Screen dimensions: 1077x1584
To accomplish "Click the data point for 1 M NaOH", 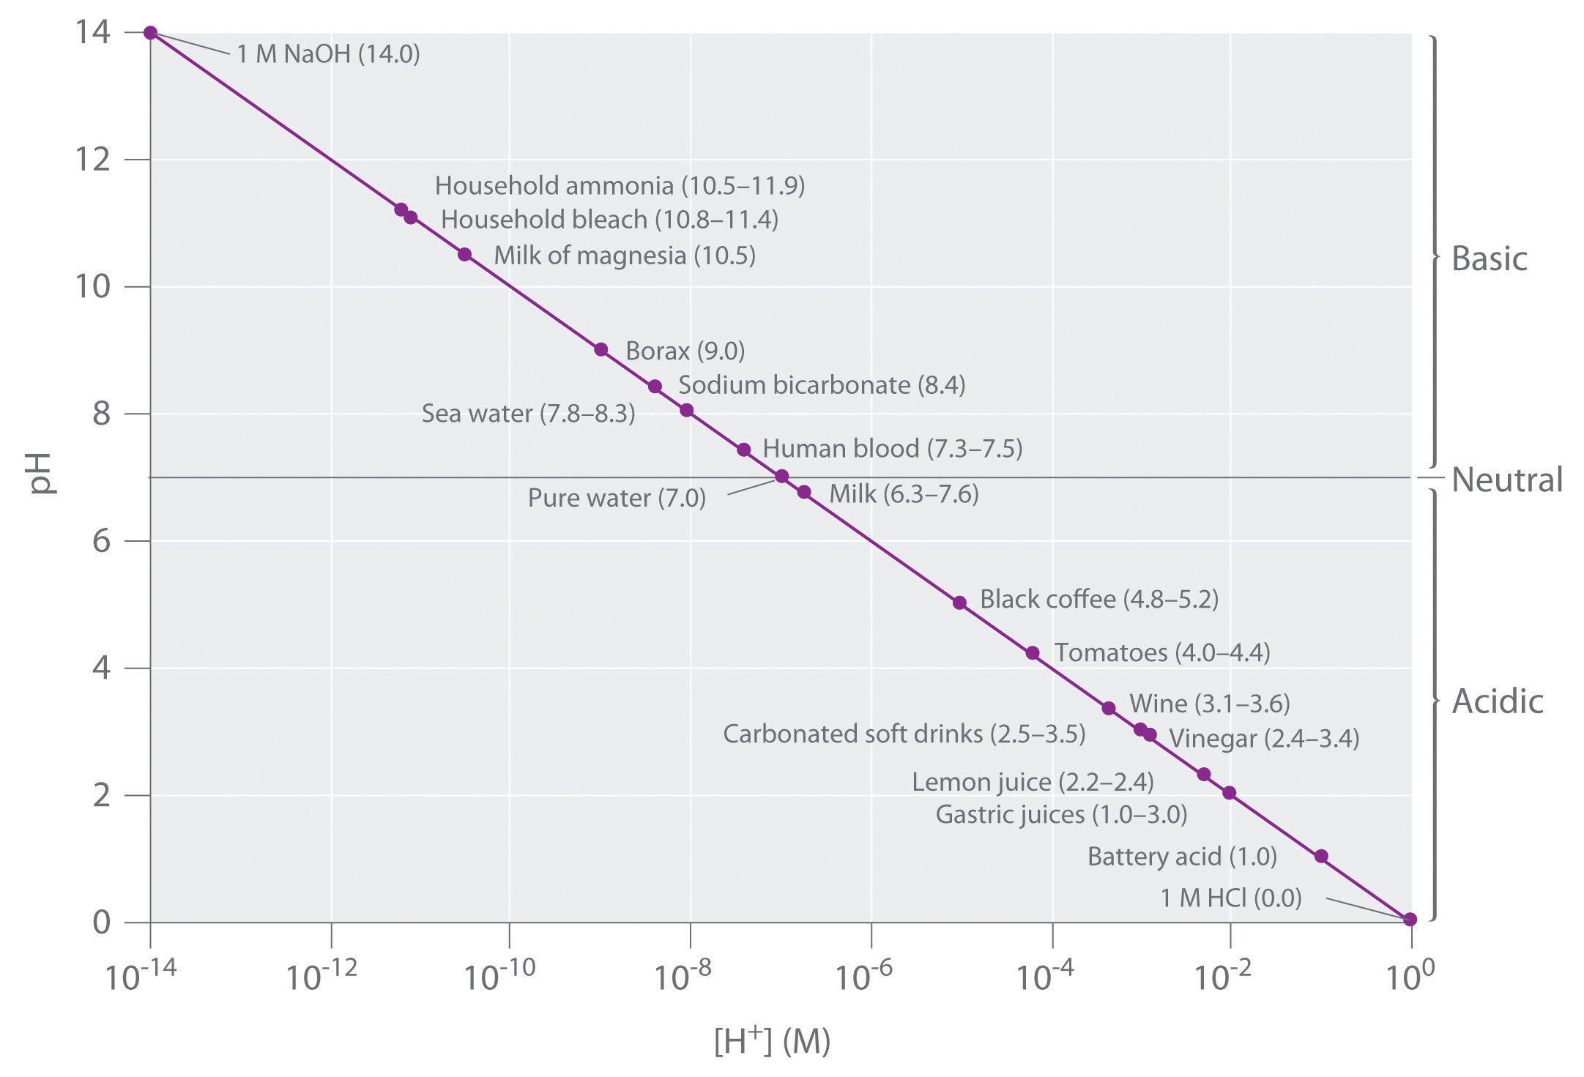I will coord(150,32).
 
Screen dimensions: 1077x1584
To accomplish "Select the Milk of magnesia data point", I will coord(464,254).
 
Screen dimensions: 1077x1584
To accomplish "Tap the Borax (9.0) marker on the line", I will coord(600,349).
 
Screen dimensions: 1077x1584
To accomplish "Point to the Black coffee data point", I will coord(959,603).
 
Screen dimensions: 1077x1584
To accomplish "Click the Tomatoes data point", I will coord(1033,653).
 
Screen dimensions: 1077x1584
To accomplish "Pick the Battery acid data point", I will coord(1321,856).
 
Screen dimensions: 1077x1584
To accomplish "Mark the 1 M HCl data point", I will coord(1410,920).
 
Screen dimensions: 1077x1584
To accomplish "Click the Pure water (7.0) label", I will coord(617,499).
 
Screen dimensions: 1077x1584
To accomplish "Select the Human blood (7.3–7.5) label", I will coord(892,448).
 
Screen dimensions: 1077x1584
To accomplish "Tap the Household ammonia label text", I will coord(620,186).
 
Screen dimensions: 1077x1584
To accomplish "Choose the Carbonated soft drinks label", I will coord(904,734).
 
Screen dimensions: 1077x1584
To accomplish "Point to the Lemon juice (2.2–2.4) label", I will coord(1033,782).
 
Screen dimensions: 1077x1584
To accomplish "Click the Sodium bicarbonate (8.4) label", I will coord(822,385).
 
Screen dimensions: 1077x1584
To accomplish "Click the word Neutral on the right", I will coord(1507,480).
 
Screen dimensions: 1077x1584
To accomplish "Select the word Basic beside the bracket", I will coord(1489,259).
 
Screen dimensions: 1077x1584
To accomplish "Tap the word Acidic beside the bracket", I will coord(1498,701).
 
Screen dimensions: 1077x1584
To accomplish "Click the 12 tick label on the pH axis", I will coord(93,159).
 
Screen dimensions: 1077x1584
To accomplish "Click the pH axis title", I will coord(42,473).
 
